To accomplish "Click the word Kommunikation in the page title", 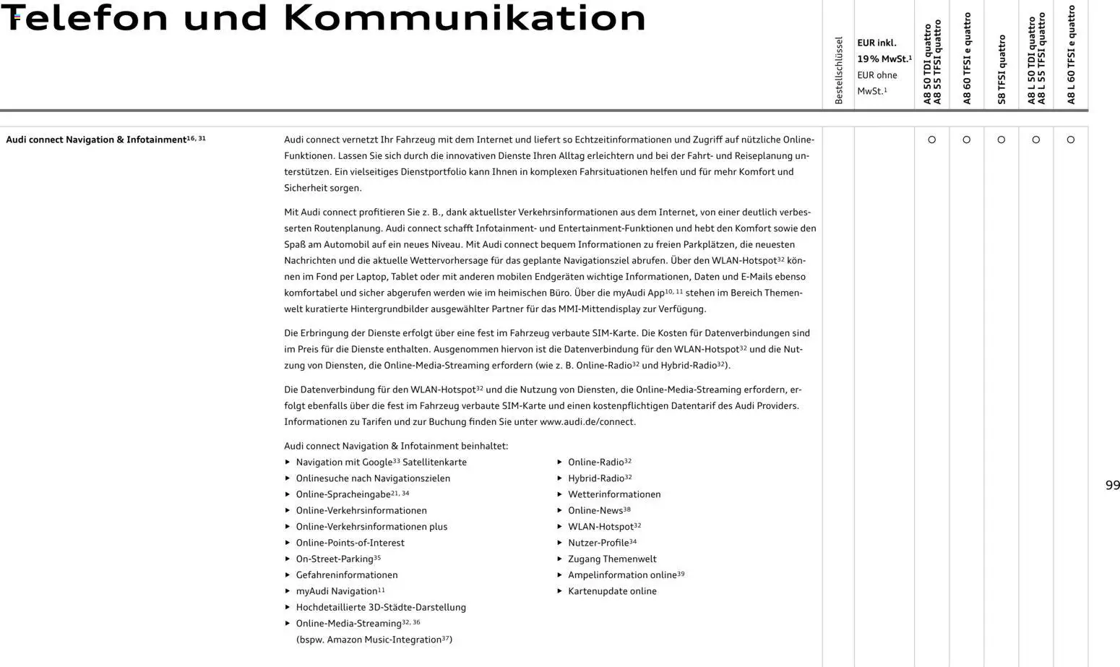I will point(464,18).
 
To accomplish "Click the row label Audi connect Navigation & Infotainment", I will point(96,139).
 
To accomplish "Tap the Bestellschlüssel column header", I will point(838,70).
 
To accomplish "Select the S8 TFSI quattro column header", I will point(1001,69).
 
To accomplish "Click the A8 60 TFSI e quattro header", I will point(967,59).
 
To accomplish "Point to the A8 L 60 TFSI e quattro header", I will point(1071,55).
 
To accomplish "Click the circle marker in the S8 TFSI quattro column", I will point(1001,139).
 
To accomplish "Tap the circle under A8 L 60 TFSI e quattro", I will point(1070,139).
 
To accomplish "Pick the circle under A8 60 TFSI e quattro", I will point(966,139).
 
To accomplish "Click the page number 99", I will point(1112,486).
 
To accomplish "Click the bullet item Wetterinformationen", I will point(613,494).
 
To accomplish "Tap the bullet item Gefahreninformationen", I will point(346,575).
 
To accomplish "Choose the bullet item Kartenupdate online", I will point(612,591).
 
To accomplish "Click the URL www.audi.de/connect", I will point(587,422).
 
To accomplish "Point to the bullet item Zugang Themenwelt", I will point(612,559).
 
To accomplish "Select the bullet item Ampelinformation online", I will point(622,575).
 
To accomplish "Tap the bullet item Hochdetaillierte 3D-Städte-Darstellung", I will point(380,608).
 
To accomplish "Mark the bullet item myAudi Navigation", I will point(336,591).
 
